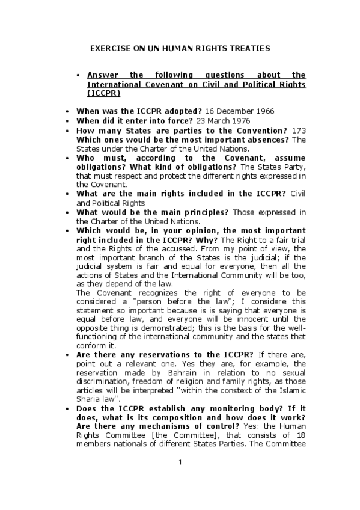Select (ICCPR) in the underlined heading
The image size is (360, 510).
click(x=103, y=93)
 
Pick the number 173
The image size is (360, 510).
click(x=297, y=131)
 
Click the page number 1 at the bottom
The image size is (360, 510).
click(x=180, y=462)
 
